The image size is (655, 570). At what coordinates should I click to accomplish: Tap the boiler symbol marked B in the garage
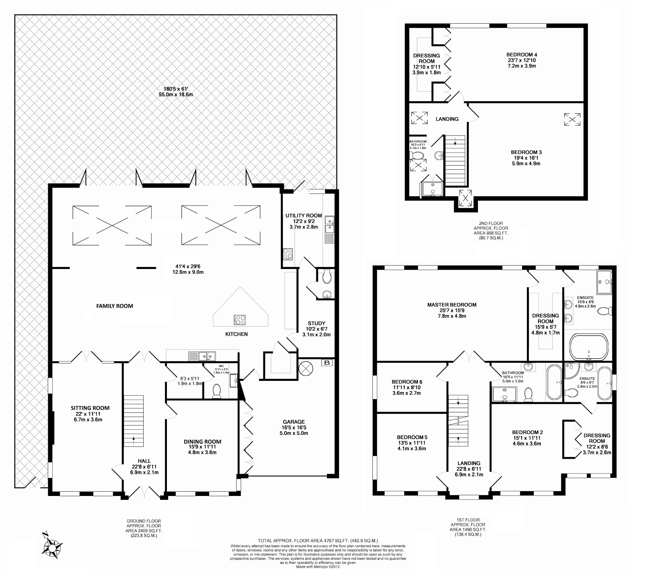(x=327, y=363)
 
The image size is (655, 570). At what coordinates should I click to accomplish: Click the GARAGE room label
(x=294, y=422)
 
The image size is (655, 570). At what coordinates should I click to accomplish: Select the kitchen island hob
(x=240, y=320)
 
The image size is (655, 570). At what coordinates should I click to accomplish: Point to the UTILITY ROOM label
(x=304, y=216)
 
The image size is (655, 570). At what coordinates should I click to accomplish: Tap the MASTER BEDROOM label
(x=452, y=305)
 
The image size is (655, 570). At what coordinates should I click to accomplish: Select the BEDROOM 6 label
(x=407, y=382)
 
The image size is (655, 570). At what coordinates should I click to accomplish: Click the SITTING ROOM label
(x=90, y=408)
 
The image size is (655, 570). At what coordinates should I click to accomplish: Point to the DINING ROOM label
(x=202, y=442)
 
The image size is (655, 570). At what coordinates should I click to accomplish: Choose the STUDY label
(x=316, y=323)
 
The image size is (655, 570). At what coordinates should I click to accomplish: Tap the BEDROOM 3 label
(x=526, y=152)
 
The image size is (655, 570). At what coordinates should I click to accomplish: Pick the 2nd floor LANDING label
(x=447, y=119)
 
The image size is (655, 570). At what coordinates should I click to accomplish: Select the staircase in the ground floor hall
(x=134, y=421)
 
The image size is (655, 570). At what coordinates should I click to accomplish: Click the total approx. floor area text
(x=318, y=513)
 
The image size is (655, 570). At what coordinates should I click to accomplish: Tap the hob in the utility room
(x=288, y=253)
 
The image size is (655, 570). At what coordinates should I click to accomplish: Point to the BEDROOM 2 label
(x=528, y=432)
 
